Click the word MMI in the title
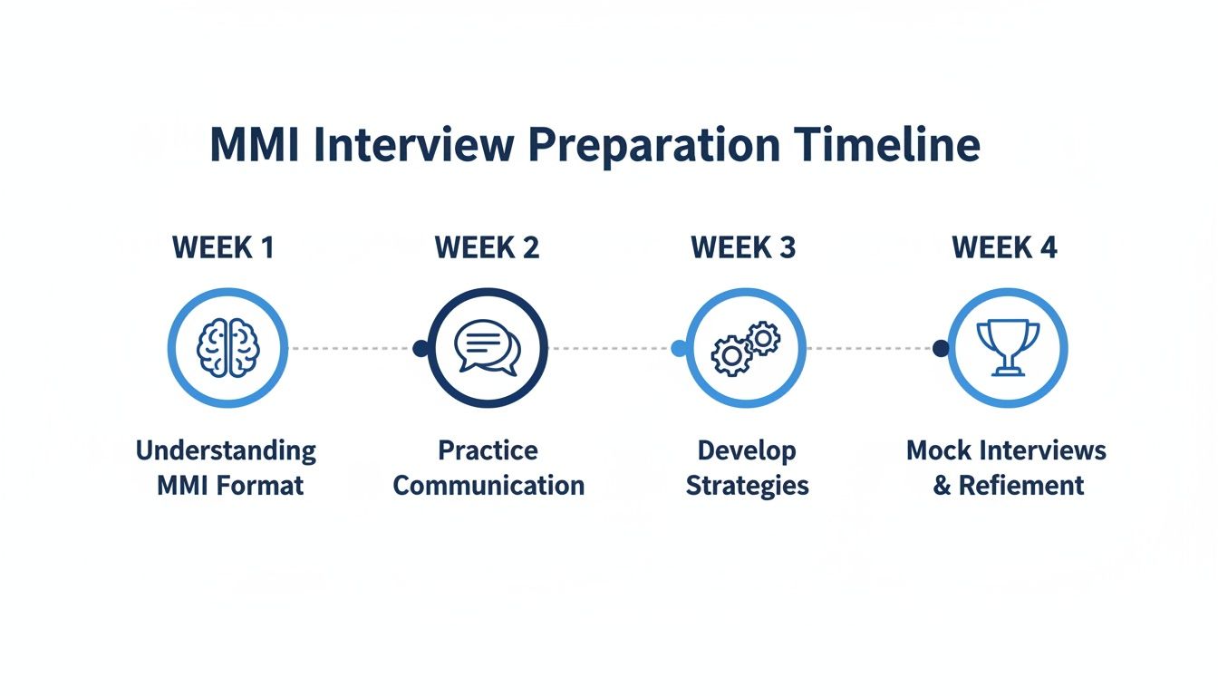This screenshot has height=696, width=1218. [254, 146]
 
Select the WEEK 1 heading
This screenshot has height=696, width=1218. [223, 247]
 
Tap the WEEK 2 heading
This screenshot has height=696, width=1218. [487, 247]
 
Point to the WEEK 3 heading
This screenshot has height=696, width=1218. [743, 247]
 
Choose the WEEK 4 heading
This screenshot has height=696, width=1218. [1004, 247]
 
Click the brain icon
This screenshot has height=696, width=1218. [228, 348]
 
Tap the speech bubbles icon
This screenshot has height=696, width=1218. [488, 348]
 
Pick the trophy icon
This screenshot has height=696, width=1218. [1008, 347]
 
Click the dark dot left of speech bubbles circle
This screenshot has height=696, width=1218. [420, 348]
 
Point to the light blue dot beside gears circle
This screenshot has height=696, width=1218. [679, 348]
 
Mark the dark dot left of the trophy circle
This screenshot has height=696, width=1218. [941, 348]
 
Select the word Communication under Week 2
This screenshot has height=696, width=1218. [488, 486]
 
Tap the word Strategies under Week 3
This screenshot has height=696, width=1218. [747, 486]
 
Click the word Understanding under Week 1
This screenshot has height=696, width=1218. [226, 450]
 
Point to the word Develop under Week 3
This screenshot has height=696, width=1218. [747, 450]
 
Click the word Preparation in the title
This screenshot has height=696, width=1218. [654, 146]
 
